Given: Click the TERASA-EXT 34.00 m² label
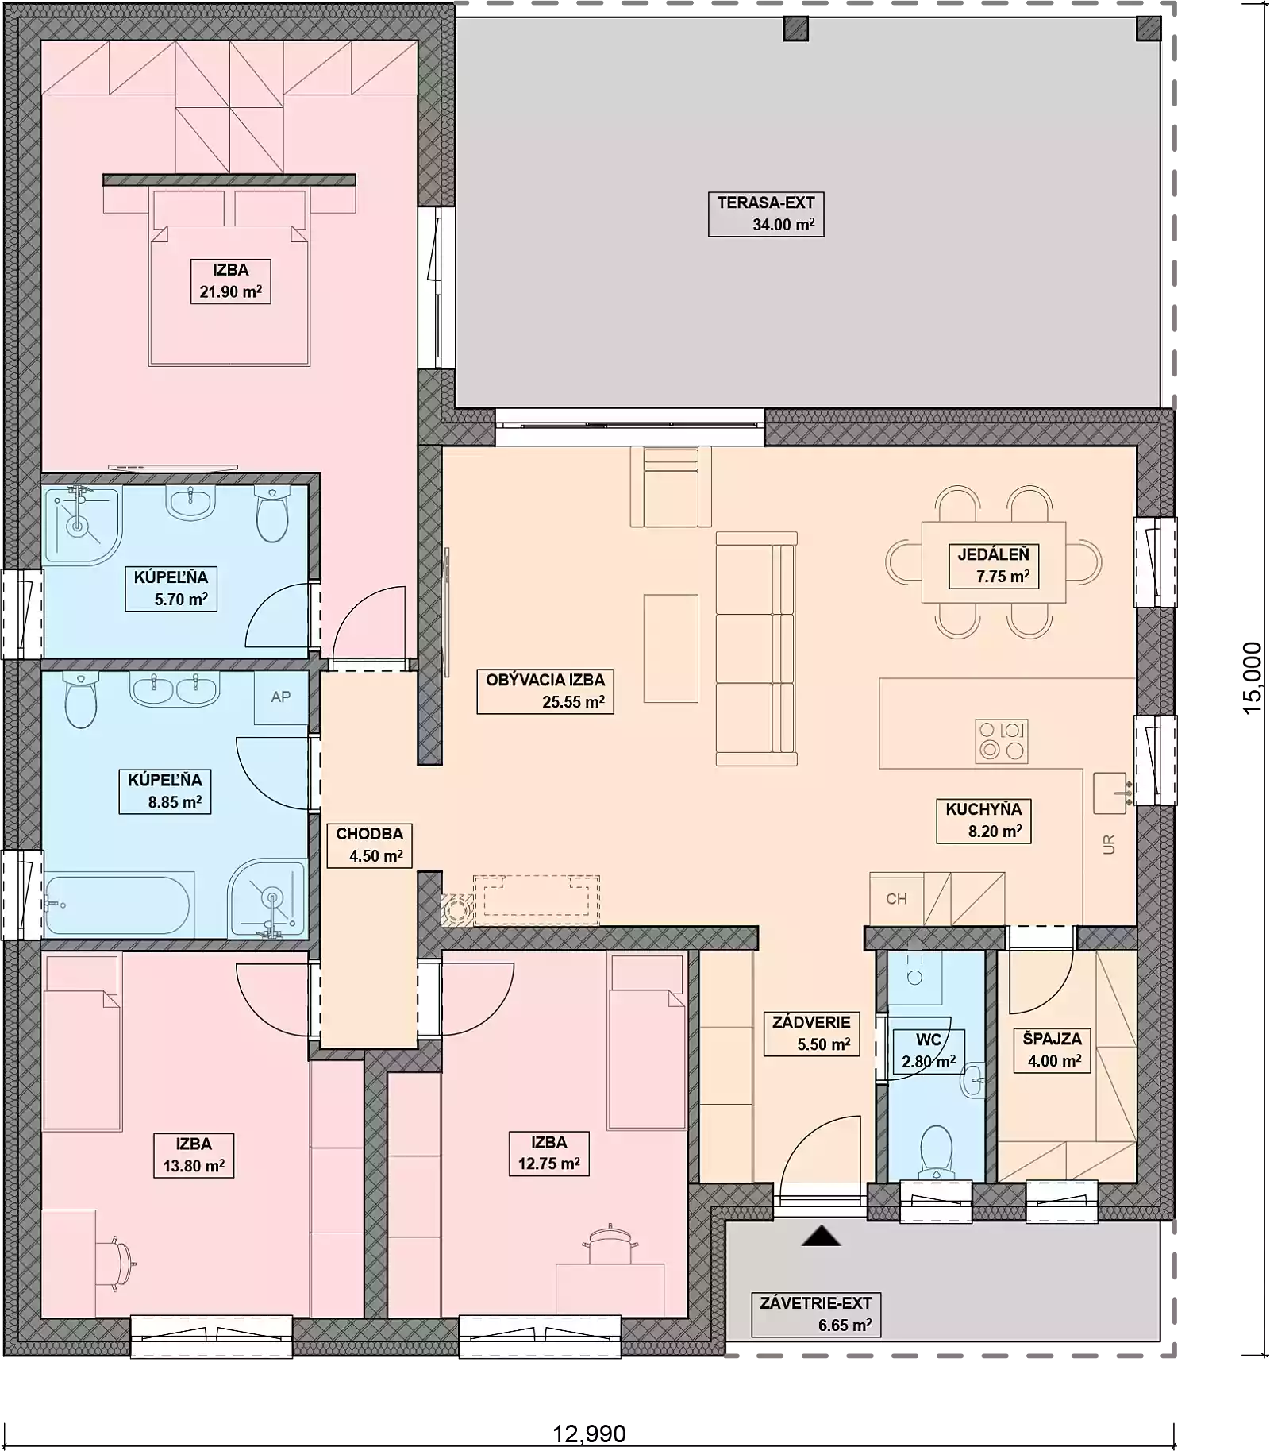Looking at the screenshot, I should (x=765, y=214).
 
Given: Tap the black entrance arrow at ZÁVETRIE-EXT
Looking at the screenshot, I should (x=821, y=1237).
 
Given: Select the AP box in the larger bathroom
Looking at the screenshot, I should (x=280, y=697).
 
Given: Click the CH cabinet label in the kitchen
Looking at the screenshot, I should (x=896, y=899).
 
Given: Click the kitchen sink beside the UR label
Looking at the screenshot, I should (x=1110, y=793).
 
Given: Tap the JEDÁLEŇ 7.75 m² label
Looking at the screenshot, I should (x=994, y=565).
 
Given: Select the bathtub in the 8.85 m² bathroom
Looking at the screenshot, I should (x=117, y=905).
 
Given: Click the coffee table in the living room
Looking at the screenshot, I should (x=671, y=648).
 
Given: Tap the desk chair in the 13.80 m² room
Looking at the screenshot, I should (x=117, y=1262).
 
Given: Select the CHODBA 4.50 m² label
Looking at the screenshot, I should (x=369, y=844).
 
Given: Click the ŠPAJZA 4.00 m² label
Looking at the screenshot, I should (x=1053, y=1050).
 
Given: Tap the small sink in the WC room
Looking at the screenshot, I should (x=972, y=1081).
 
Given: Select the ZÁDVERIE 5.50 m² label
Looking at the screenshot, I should (x=811, y=1033).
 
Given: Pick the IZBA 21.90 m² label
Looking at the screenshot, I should (x=230, y=281).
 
